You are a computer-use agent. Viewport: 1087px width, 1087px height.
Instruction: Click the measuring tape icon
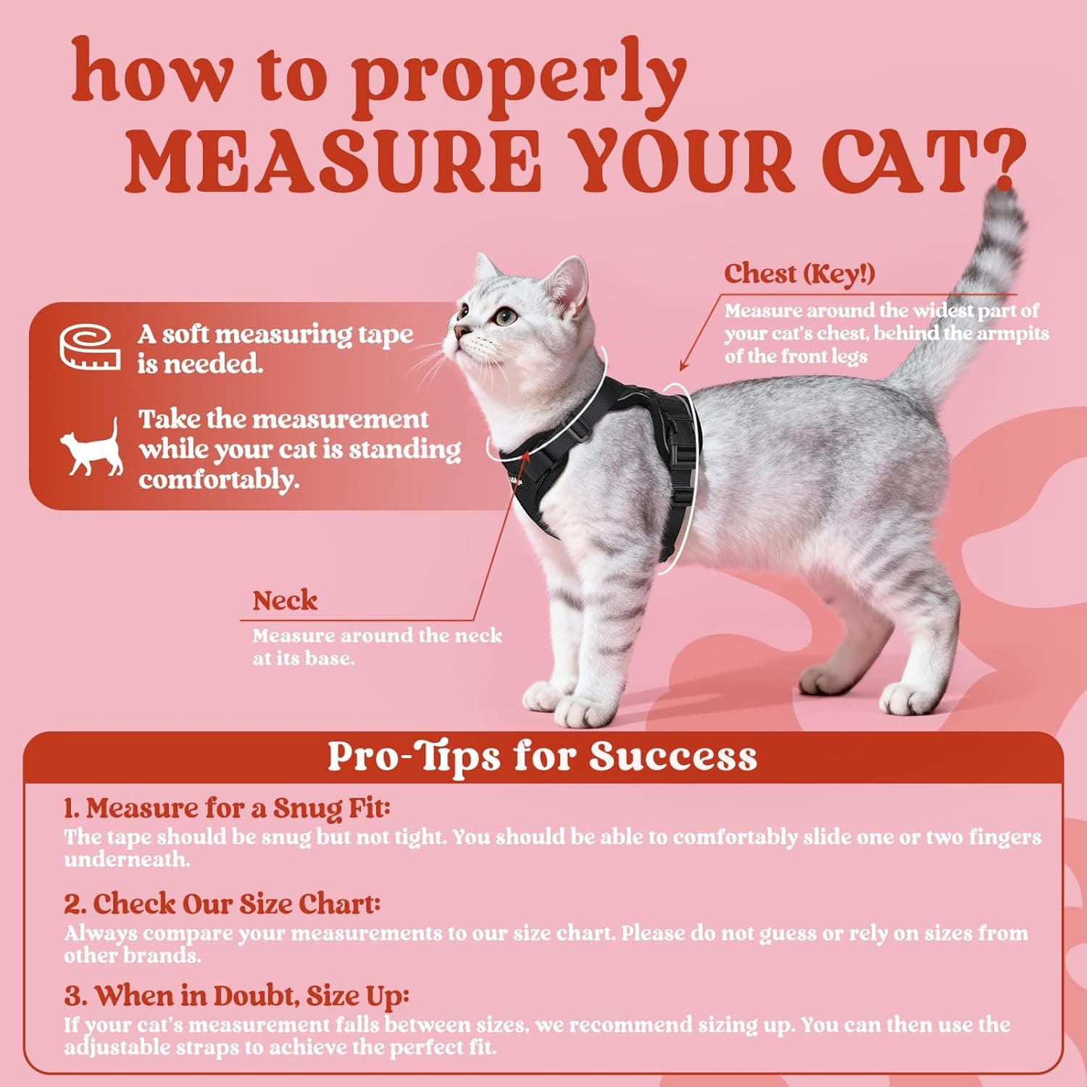click(90, 346)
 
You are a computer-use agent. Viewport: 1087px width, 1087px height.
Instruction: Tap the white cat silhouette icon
click(92, 449)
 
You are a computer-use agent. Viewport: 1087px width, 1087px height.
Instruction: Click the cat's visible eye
click(506, 316)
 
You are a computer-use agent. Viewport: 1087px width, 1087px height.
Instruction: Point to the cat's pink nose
click(459, 332)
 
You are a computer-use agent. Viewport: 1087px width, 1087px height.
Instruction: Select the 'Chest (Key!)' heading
click(799, 274)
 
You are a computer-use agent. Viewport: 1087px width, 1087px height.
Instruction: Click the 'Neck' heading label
click(285, 601)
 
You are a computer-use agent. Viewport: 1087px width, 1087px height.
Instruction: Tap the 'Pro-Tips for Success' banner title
click(542, 757)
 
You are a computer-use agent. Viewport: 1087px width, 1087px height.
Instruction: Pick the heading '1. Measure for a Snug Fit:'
click(227, 808)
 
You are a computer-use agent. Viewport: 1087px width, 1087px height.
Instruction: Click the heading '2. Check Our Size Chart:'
click(222, 904)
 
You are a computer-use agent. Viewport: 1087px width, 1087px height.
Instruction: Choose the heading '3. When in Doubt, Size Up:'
click(236, 996)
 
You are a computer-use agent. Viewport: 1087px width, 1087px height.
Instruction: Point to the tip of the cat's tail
click(1004, 194)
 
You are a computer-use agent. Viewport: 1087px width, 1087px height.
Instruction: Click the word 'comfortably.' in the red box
click(219, 480)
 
